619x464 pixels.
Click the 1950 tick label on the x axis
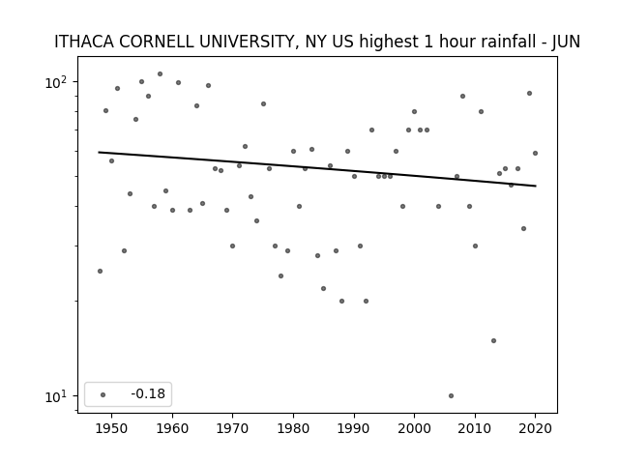[112, 428]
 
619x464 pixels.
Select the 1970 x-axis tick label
[233, 428]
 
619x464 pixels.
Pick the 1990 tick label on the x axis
[354, 428]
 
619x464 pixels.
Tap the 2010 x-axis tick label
[475, 428]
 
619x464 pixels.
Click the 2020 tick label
[535, 428]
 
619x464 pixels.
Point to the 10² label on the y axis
[56, 82]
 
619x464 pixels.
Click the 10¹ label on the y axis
[56, 396]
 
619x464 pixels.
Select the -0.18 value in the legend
[148, 393]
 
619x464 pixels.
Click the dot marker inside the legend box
[103, 394]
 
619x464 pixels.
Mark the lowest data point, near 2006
[452, 395]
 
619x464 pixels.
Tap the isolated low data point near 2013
[493, 340]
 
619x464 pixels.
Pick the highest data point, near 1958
[160, 73]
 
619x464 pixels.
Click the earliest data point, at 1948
[100, 271]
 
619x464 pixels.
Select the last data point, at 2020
[535, 153]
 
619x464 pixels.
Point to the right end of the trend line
[536, 186]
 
